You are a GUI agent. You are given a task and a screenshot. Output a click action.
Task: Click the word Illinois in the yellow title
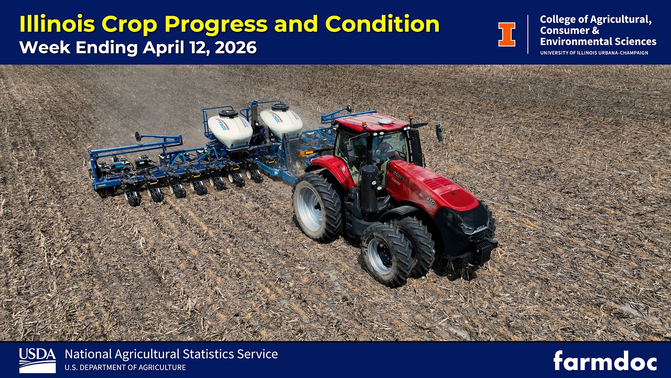point(56,24)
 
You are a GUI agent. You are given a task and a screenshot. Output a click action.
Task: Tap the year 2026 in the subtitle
point(235,48)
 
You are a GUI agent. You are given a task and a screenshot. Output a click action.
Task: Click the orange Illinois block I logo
point(506,34)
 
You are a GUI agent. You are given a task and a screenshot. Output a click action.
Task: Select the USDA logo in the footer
point(37,360)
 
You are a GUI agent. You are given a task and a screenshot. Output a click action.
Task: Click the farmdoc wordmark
point(605,361)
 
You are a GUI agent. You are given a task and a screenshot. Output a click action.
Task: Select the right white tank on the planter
point(281,121)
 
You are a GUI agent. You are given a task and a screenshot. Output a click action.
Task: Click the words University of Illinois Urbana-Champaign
point(593,53)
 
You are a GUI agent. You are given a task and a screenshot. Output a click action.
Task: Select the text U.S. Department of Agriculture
point(125,367)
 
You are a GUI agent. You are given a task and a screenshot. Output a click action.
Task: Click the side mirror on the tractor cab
point(439,133)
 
